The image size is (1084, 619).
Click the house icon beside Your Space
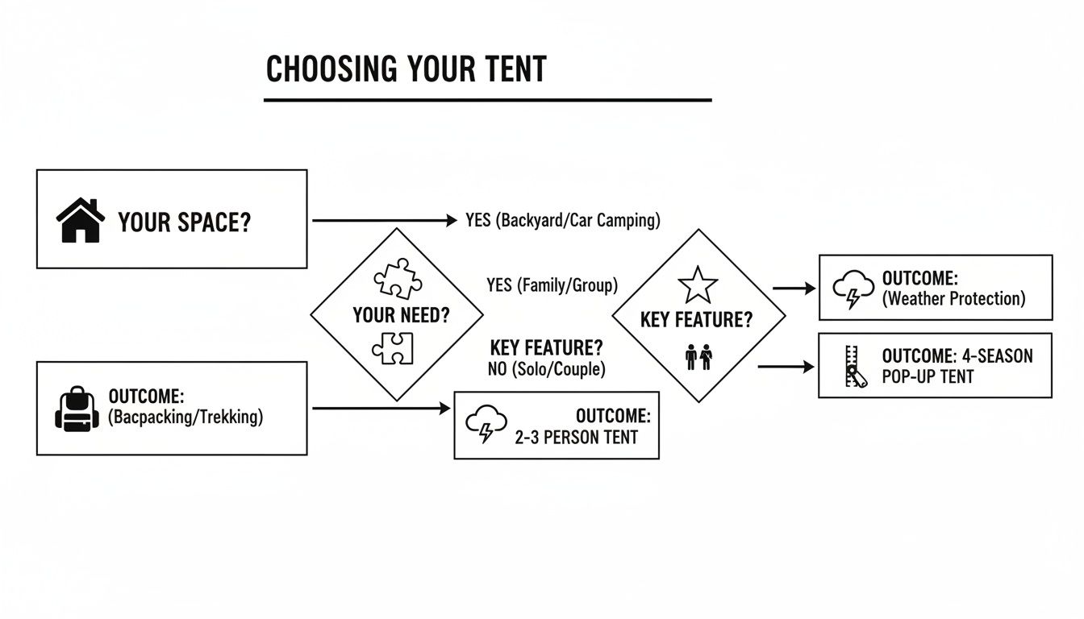tap(81, 221)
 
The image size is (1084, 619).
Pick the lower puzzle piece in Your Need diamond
tap(393, 348)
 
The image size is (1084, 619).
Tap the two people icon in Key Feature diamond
tap(698, 356)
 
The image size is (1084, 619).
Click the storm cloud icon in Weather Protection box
tap(851, 289)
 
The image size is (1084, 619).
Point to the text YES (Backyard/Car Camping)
tap(562, 220)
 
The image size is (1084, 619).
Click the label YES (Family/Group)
tap(552, 285)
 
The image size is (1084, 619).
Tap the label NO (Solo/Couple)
tap(547, 369)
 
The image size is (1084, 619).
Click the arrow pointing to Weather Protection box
tap(794, 288)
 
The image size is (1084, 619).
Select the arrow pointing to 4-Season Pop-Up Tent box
tap(786, 367)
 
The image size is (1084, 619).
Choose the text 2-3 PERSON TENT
tap(576, 438)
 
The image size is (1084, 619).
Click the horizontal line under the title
tap(487, 100)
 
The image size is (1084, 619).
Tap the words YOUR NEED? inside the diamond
tap(401, 315)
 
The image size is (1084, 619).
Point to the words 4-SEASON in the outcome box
tap(997, 356)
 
